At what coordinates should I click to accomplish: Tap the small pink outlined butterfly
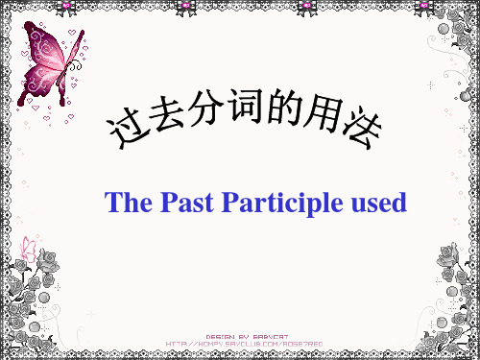point(30,251)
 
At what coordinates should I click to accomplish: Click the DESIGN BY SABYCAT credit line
point(245,334)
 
